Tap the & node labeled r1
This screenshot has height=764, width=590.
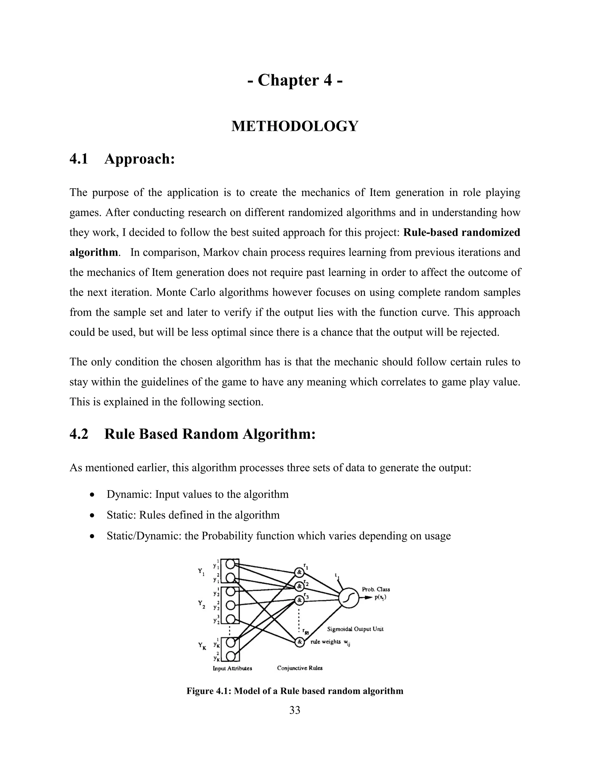(x=299, y=572)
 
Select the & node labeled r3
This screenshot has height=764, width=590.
(x=299, y=600)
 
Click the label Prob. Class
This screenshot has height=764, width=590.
(x=376, y=590)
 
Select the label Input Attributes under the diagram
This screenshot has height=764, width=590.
(x=232, y=668)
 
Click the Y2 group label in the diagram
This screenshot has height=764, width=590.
(x=202, y=604)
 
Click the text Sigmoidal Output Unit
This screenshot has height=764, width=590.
(x=355, y=629)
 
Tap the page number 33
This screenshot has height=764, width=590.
(x=295, y=710)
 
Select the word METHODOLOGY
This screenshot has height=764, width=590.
(x=295, y=126)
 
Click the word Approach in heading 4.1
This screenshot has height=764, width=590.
(x=139, y=159)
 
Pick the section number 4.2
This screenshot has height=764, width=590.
(x=79, y=434)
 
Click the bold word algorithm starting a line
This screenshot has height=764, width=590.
(x=93, y=252)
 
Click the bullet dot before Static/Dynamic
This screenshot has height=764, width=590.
(x=92, y=536)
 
